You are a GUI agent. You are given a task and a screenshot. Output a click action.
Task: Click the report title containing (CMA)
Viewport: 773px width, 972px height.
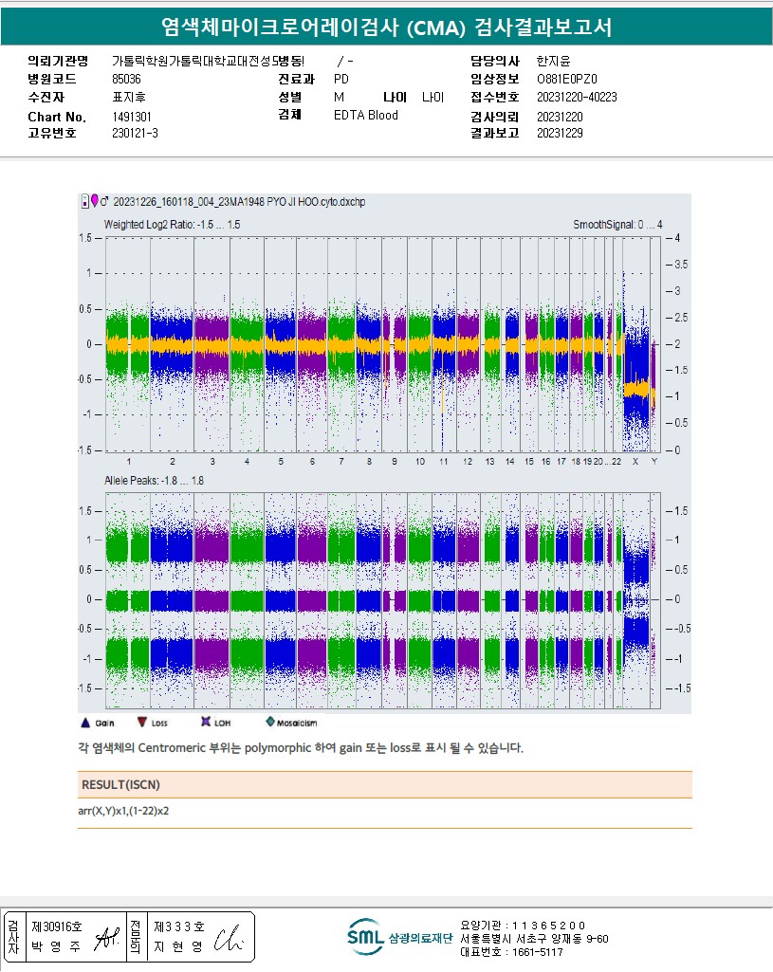pos(386,28)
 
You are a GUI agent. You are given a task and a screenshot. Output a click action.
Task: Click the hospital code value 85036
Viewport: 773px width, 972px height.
pos(126,80)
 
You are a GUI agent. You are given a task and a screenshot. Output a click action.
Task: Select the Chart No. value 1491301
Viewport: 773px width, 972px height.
pos(132,117)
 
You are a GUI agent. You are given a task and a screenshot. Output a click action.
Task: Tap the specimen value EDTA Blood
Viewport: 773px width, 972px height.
pos(366,116)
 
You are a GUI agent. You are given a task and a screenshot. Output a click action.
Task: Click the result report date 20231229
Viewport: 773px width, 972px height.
pos(560,134)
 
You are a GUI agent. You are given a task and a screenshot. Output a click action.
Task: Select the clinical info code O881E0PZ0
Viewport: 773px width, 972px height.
pos(567,80)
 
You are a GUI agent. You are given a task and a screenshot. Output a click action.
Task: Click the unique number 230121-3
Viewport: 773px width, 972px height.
pos(135,134)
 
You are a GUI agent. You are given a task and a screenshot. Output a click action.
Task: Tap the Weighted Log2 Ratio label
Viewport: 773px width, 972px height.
pos(172,225)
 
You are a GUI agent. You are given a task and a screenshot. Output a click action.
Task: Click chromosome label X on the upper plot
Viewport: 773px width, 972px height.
pos(635,462)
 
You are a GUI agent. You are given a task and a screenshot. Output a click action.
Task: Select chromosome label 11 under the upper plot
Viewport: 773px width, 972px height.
pos(443,462)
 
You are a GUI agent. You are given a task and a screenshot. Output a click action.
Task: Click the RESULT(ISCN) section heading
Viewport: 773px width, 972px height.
pos(120,784)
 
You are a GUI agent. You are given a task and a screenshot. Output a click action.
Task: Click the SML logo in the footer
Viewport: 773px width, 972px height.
pos(365,937)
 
